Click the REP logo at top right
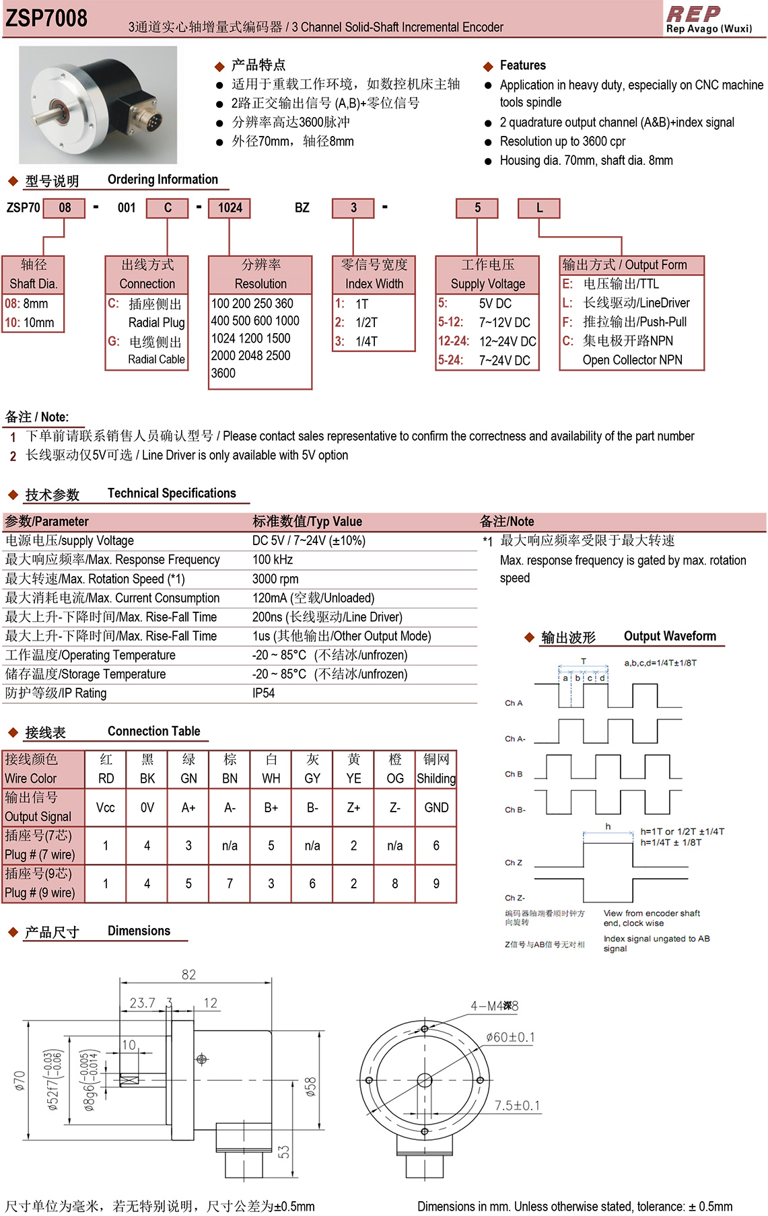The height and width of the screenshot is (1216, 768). click(x=693, y=14)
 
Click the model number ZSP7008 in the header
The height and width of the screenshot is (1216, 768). click(x=46, y=18)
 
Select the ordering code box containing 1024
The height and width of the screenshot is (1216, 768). click(x=230, y=208)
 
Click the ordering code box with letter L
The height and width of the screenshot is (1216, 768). click(x=539, y=208)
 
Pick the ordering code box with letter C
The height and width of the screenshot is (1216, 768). click(x=168, y=208)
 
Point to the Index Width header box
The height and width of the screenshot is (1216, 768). click(x=374, y=274)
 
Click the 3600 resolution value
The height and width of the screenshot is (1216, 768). click(x=223, y=373)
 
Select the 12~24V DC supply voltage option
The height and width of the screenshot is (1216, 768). click(x=508, y=341)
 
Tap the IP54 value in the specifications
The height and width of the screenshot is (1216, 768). click(x=264, y=693)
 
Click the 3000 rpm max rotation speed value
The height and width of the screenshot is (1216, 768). click(x=275, y=579)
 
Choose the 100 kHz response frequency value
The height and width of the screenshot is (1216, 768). click(x=273, y=560)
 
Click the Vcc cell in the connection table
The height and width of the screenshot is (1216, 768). click(x=106, y=808)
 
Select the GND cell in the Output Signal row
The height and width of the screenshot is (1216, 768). click(x=436, y=808)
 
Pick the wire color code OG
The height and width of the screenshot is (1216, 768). click(x=395, y=779)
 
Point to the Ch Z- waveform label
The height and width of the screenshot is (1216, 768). click(x=515, y=898)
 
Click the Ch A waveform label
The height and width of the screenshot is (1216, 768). click(x=514, y=703)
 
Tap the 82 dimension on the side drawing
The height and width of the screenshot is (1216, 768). click(x=189, y=974)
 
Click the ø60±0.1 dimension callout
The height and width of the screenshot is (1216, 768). click(x=510, y=1037)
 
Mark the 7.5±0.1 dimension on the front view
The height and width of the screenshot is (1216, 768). click(x=517, y=1106)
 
